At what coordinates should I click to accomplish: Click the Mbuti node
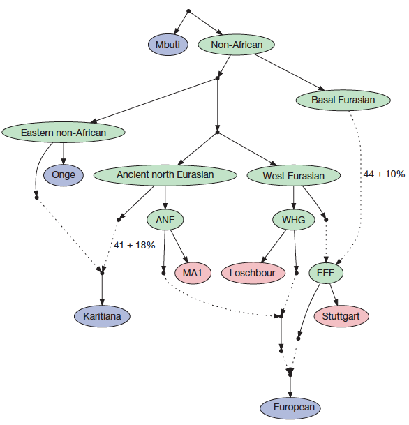click(168, 45)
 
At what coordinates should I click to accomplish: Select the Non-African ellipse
click(237, 45)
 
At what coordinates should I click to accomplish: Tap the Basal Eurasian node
click(343, 100)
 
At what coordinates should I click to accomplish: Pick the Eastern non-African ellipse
click(64, 133)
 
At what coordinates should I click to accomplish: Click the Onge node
click(64, 175)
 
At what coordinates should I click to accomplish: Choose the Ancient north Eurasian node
click(165, 175)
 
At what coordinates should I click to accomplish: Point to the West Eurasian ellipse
click(294, 175)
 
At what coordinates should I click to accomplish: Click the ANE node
click(165, 220)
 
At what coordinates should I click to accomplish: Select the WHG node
click(294, 220)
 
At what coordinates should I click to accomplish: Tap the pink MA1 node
click(193, 273)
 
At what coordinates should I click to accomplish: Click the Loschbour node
click(253, 273)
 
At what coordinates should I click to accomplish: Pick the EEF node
click(326, 273)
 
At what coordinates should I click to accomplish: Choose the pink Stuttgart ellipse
click(341, 316)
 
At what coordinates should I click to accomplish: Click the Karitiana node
click(102, 316)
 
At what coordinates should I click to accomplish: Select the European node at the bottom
click(290, 408)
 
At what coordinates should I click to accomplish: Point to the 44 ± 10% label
click(384, 174)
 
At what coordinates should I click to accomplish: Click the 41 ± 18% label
click(135, 245)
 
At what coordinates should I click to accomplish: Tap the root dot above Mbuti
click(188, 11)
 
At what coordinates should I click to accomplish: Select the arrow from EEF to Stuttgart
click(334, 294)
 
